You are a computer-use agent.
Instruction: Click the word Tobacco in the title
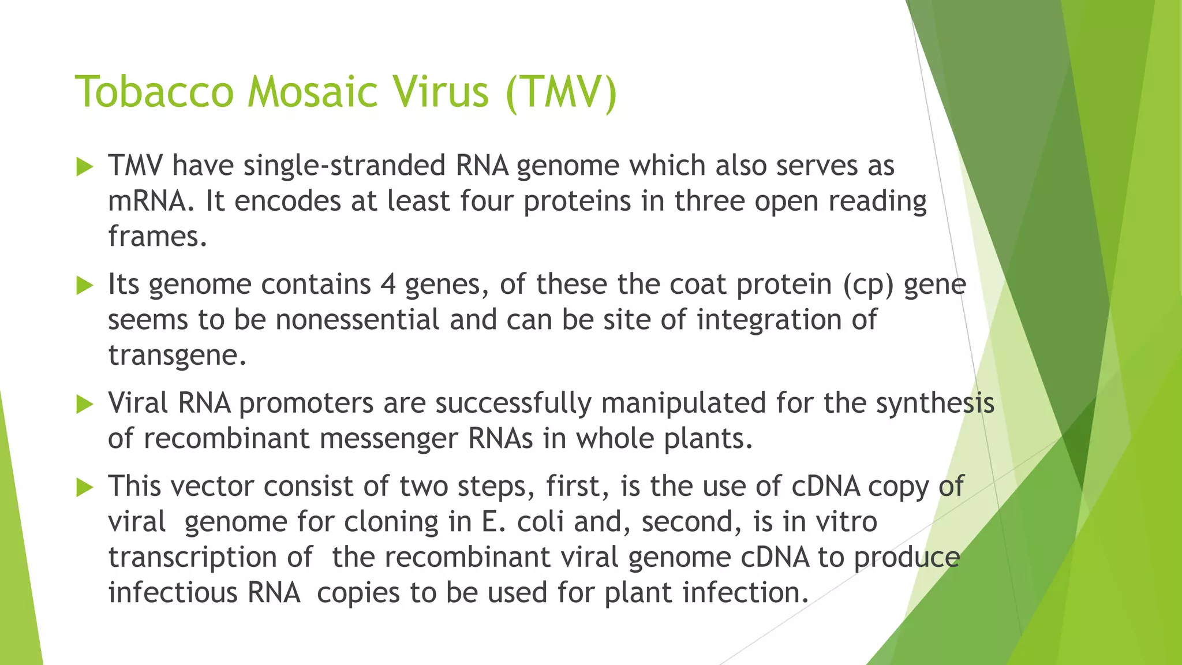click(x=154, y=92)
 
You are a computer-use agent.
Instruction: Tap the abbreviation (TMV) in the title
click(x=560, y=92)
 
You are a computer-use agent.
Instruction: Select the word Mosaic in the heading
click(x=312, y=92)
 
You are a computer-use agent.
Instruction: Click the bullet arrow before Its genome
click(x=84, y=285)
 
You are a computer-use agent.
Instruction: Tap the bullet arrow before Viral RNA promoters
click(x=84, y=404)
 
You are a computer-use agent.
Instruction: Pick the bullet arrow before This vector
click(x=84, y=488)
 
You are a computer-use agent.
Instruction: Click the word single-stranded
click(x=344, y=166)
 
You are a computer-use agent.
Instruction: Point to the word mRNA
click(x=147, y=201)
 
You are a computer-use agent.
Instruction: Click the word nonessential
click(x=357, y=320)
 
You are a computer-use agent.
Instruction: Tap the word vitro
click(x=846, y=522)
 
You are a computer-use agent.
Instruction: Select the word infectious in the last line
click(x=173, y=593)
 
